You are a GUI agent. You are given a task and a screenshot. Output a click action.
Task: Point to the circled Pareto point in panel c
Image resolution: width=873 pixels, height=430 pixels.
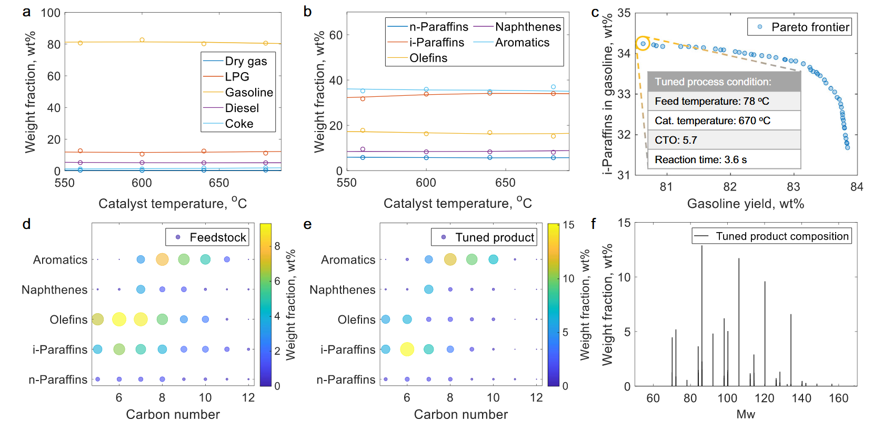[643, 44]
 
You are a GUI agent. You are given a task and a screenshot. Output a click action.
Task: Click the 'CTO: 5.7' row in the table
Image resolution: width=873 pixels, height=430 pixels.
[724, 140]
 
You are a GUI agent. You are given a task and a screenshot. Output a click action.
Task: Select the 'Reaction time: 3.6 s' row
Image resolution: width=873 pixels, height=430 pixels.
[724, 159]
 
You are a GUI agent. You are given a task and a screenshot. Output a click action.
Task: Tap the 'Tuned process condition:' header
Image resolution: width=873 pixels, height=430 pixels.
[724, 82]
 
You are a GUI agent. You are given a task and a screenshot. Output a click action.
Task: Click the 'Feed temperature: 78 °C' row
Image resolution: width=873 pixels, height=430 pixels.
[724, 101]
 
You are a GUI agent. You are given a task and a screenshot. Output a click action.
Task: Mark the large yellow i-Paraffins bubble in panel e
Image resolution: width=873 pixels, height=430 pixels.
[407, 349]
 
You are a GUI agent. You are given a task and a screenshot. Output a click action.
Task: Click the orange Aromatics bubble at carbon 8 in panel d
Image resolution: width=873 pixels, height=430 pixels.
[162, 259]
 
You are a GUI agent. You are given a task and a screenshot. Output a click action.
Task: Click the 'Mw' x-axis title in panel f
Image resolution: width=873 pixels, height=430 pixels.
[745, 414]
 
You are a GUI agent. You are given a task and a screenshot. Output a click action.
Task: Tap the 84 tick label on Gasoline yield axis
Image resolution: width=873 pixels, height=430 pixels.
[857, 187]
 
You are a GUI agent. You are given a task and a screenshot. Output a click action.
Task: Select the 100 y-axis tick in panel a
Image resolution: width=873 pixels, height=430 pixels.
[51, 13]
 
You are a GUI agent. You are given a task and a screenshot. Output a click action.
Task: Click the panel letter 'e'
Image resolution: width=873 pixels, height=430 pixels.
[308, 225]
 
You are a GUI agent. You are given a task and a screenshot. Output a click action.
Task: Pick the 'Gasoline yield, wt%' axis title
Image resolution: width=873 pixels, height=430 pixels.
[745, 204]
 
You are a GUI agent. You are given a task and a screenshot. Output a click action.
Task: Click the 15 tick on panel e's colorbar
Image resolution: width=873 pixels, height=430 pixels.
[568, 225]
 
